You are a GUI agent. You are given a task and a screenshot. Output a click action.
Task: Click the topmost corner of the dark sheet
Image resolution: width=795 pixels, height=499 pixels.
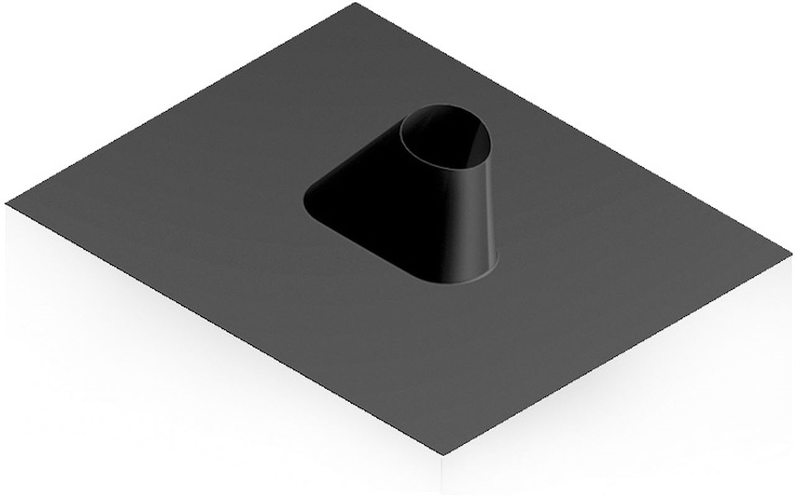(356, 4)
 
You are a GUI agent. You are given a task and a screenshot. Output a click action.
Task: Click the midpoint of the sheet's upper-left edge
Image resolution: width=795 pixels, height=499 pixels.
(180, 103)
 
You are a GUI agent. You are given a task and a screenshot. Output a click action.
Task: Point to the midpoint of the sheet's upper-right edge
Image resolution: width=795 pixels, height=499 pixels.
(572, 128)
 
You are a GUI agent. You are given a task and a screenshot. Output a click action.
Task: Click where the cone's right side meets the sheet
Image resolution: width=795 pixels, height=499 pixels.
(494, 263)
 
